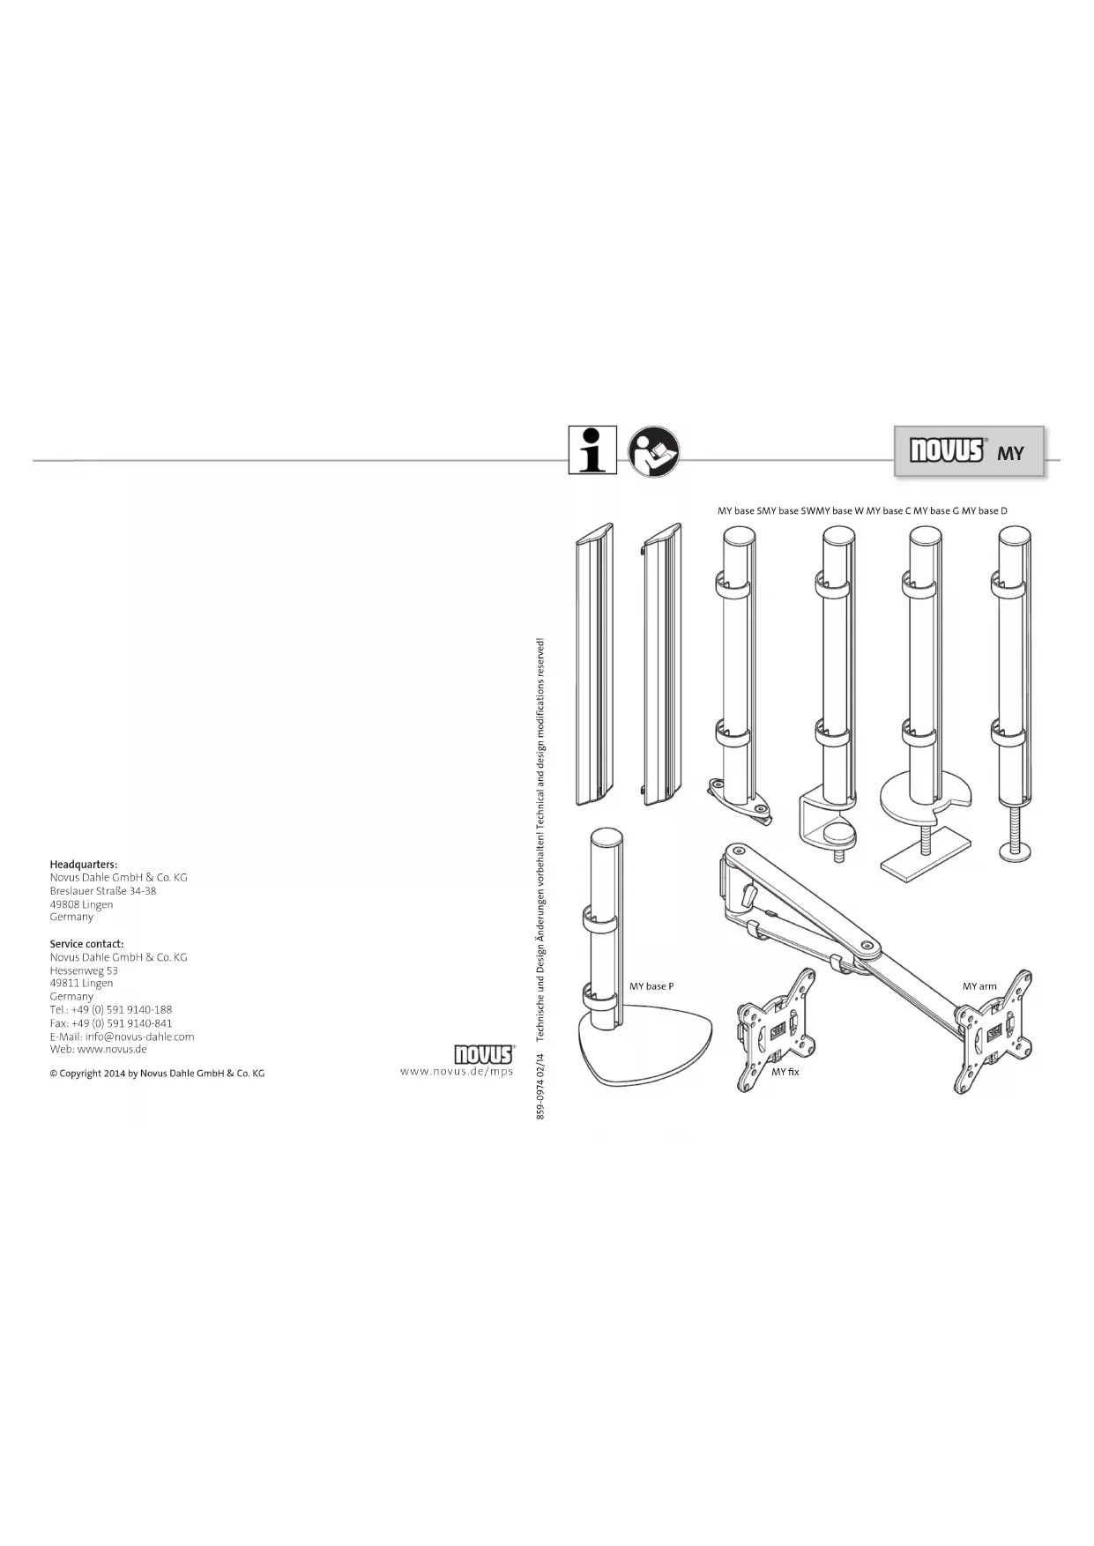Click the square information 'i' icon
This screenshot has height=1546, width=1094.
[592, 450]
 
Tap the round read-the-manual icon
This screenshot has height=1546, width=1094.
[653, 451]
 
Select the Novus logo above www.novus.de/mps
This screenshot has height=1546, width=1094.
[483, 1055]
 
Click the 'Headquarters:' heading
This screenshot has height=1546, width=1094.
[84, 865]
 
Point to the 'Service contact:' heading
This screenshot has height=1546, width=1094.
[86, 944]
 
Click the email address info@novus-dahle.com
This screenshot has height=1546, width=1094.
[139, 1037]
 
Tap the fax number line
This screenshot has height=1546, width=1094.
[111, 1023]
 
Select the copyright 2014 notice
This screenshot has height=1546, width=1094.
[157, 1074]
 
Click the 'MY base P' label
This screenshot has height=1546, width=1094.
[651, 986]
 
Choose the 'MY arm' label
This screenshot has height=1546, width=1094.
[979, 986]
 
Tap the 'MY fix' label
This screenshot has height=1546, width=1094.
[785, 1072]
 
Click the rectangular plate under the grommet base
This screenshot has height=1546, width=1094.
[925, 856]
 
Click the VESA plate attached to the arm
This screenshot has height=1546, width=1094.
[994, 1031]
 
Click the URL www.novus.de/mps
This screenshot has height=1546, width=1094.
[456, 1072]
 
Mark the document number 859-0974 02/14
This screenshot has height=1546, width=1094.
[541, 1086]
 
